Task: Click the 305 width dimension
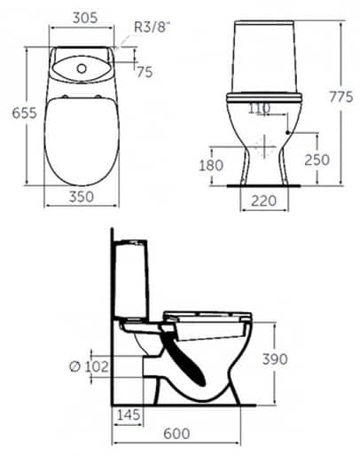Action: click(83, 15)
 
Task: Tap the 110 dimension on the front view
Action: click(260, 108)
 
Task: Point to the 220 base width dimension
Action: click(263, 203)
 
